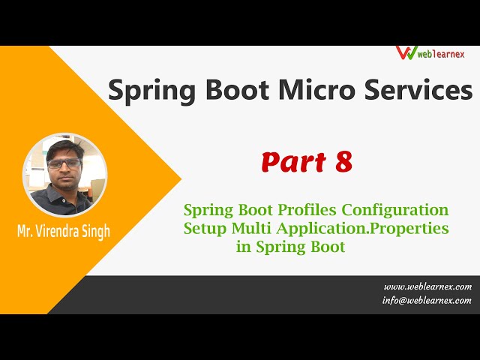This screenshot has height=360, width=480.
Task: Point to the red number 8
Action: click(343, 162)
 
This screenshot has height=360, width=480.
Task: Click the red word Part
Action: click(292, 162)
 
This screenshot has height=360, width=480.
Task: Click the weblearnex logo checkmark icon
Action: click(406, 52)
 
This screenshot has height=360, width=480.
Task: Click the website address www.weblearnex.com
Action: click(427, 286)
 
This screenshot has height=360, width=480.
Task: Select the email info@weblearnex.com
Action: click(427, 301)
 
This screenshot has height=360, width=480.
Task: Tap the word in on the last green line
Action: click(244, 247)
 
